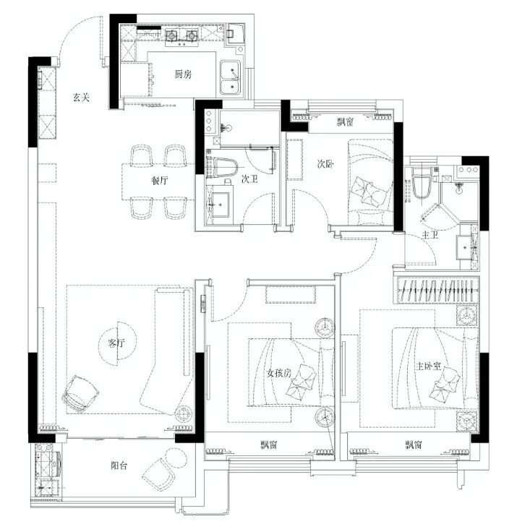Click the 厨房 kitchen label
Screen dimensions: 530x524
click(x=183, y=74)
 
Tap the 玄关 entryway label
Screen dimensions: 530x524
click(x=81, y=98)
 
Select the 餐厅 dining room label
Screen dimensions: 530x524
click(x=159, y=181)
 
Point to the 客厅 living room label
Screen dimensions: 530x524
click(x=116, y=343)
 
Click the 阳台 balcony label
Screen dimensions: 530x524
click(x=119, y=465)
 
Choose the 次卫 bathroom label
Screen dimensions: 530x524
click(x=249, y=179)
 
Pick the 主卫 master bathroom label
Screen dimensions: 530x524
click(x=430, y=234)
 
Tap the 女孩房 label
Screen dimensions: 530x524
click(x=279, y=373)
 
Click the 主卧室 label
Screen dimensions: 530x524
click(x=428, y=366)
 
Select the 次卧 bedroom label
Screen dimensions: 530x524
click(x=325, y=164)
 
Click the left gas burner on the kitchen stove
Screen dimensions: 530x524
click(x=171, y=35)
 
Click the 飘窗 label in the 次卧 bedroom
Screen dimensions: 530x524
click(x=345, y=121)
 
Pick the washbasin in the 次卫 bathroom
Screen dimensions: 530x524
click(x=218, y=205)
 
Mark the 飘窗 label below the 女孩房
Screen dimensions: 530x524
click(x=269, y=444)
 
